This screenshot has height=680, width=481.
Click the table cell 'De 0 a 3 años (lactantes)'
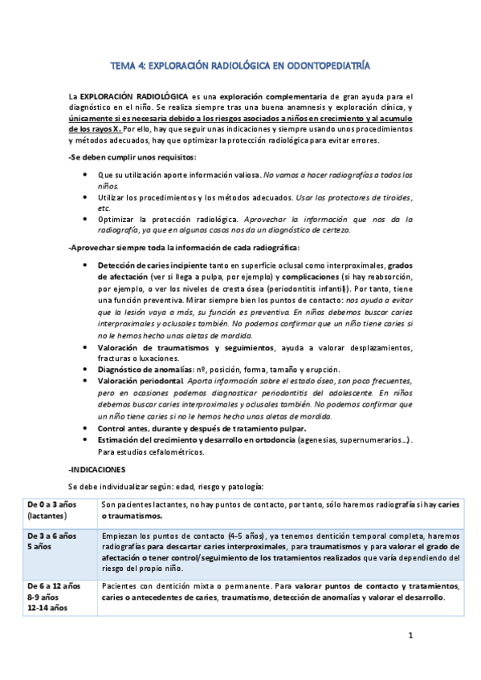[x=51, y=510]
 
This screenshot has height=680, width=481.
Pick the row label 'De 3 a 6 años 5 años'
[x=51, y=541]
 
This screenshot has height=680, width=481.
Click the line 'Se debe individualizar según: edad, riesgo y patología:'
[x=176, y=485]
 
